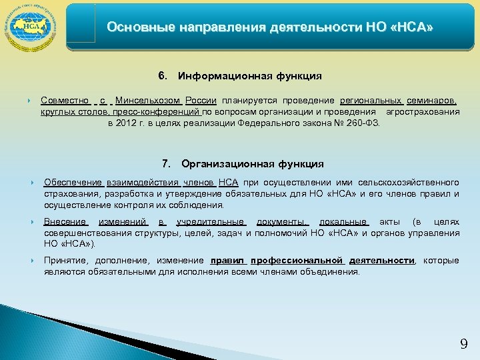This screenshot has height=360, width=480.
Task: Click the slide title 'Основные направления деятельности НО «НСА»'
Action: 270,28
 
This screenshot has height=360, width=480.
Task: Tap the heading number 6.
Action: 161,76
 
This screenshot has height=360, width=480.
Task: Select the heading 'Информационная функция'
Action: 250,76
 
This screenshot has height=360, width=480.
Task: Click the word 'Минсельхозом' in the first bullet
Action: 149,101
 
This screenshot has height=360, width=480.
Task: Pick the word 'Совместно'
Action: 65,101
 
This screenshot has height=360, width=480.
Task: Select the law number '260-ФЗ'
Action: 365,123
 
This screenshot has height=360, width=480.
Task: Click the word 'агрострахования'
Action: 423,112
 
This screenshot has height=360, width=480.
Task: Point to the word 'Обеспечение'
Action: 73,183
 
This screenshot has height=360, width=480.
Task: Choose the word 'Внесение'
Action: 65,222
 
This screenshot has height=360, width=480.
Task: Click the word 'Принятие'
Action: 66,261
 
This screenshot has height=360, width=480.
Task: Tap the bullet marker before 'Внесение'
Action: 31,222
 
